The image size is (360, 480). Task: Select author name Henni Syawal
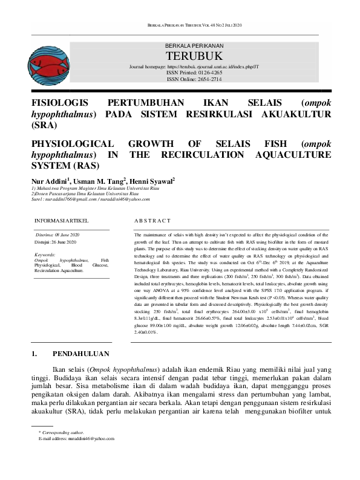(153, 181)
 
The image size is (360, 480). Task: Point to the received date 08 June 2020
(67, 234)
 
